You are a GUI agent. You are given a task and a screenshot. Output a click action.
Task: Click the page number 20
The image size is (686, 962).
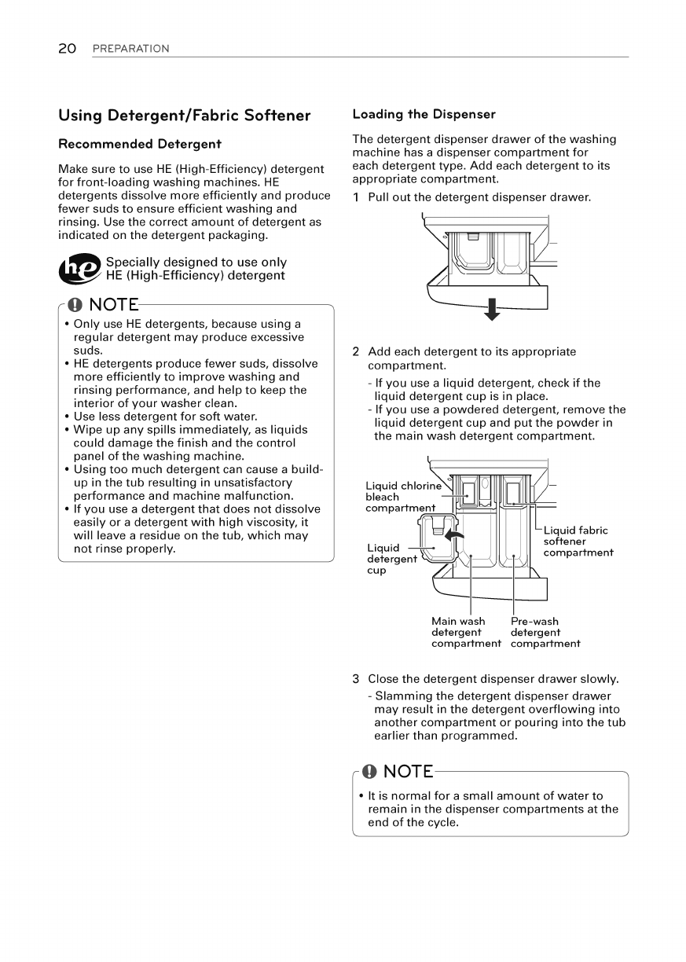point(67,49)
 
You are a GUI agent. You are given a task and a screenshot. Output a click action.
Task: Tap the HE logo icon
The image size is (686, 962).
point(80,270)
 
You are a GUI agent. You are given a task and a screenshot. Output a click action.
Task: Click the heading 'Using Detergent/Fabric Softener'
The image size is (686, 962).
point(185,116)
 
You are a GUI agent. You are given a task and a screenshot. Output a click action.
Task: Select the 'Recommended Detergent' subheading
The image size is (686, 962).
point(140,144)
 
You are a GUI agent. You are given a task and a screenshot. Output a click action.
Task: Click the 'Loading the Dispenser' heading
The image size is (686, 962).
point(424,114)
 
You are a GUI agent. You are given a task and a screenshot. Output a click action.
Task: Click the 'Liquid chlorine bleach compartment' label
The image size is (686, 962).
point(400,497)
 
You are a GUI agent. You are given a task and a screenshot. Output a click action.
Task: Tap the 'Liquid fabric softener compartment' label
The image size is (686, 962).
point(578,542)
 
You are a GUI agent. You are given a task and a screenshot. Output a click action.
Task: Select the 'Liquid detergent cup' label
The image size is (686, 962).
point(391,558)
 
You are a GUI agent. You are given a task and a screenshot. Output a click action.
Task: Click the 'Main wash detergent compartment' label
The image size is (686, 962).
point(465,633)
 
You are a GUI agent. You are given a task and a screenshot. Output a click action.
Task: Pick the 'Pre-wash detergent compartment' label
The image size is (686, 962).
point(545,633)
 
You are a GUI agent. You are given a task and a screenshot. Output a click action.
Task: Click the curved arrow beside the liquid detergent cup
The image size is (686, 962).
point(453,536)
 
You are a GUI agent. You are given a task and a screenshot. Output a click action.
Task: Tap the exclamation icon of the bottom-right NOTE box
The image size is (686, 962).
point(369,771)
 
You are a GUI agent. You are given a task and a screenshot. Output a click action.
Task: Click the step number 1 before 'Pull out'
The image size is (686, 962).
point(356,196)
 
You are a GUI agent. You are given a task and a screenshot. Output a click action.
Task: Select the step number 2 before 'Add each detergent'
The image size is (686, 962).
point(356,351)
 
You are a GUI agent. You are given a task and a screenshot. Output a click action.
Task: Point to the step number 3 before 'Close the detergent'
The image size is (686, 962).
point(356,679)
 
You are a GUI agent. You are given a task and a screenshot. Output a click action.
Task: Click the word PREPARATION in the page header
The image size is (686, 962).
point(130,49)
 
